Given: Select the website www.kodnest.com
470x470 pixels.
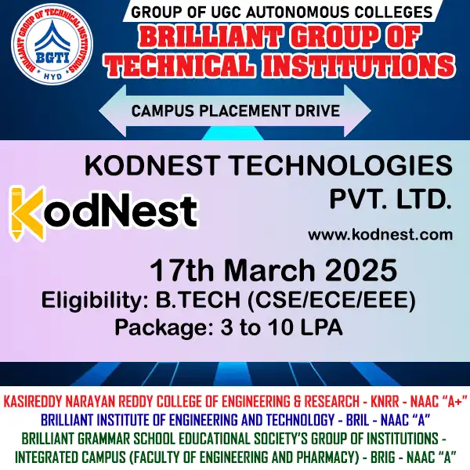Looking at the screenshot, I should pyautogui.click(x=380, y=234).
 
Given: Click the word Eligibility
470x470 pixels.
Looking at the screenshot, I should pyautogui.click(x=89, y=300).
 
